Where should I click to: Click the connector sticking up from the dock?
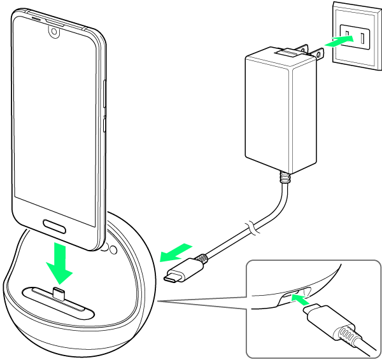59,294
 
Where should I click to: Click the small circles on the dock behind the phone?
108,250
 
